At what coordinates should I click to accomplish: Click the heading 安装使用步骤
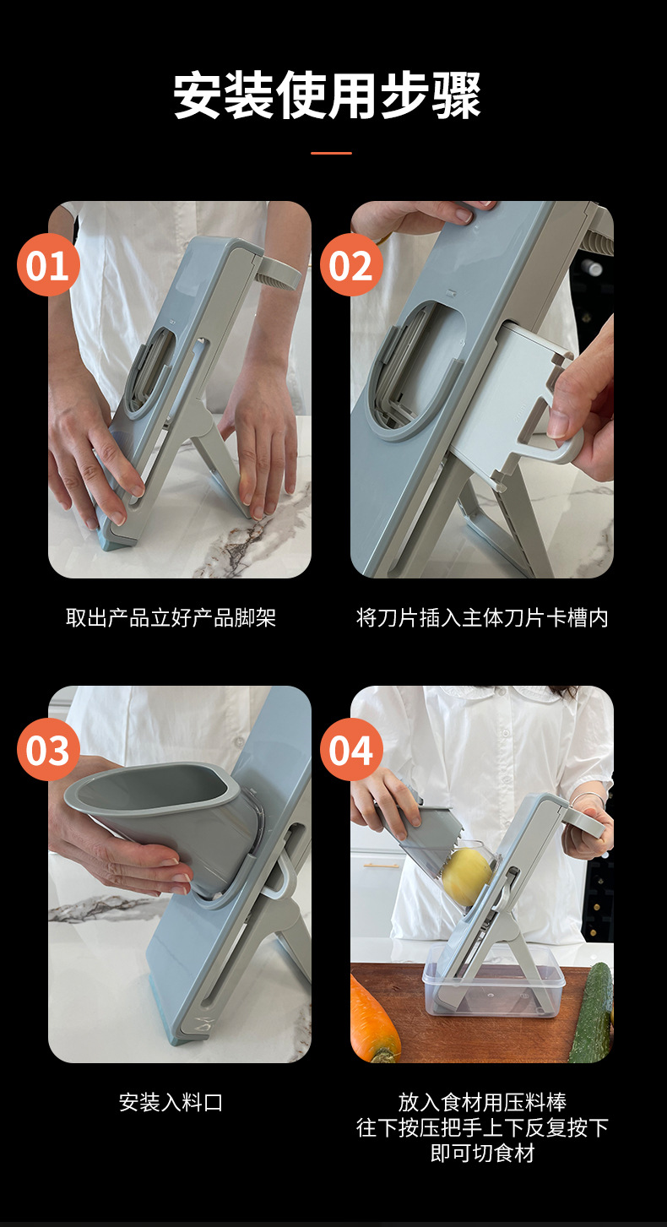click(x=328, y=95)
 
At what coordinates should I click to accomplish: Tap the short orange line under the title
click(x=331, y=153)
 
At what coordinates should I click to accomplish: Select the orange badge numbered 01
click(x=48, y=265)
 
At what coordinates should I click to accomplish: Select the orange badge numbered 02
click(x=351, y=265)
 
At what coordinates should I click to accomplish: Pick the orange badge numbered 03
click(x=48, y=750)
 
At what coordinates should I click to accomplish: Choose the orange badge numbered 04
click(x=351, y=750)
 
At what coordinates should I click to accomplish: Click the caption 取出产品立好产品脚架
click(x=171, y=618)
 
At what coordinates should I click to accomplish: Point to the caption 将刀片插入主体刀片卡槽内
click(x=482, y=618)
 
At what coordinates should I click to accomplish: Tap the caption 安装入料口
click(x=171, y=1102)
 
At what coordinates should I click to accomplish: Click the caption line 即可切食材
click(x=482, y=1153)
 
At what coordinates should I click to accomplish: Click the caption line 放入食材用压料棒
click(x=482, y=1102)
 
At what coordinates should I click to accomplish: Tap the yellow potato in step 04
click(x=467, y=877)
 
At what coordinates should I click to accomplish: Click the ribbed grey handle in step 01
click(x=279, y=274)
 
